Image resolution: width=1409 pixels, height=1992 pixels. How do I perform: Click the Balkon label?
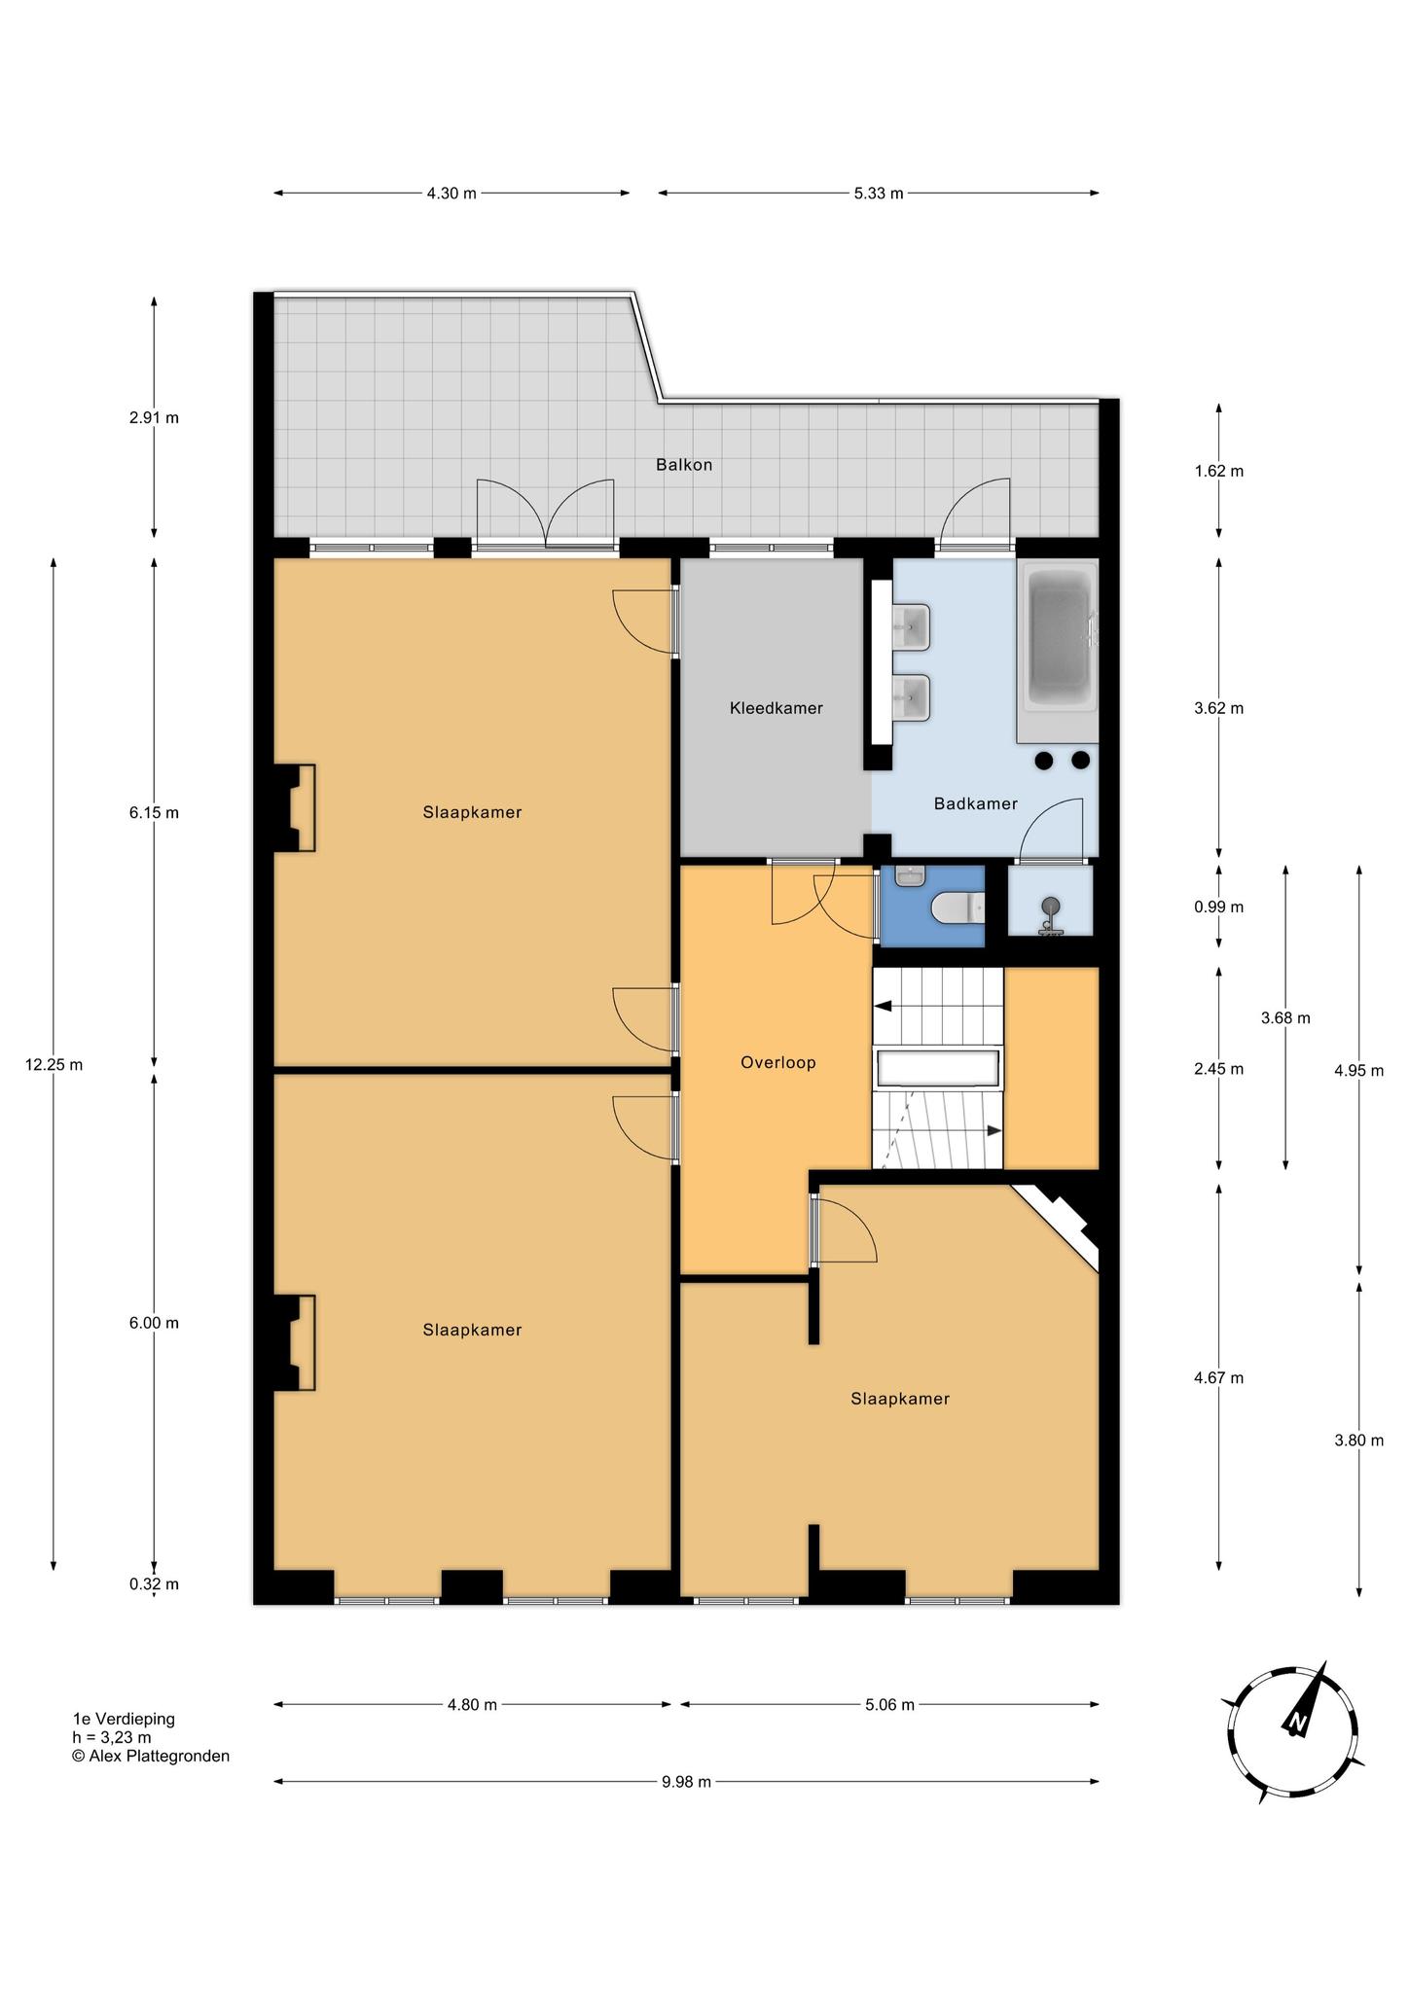tap(684, 465)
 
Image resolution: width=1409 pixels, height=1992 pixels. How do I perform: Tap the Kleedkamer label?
tap(777, 708)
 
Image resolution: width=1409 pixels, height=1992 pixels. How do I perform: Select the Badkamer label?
tap(976, 803)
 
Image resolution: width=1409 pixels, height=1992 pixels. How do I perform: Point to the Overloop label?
tap(778, 1063)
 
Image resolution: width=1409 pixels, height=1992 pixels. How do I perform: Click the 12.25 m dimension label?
tap(54, 1065)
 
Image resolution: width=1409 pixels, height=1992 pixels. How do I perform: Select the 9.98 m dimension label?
tap(686, 1782)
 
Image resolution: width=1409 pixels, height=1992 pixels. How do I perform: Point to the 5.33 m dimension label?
tap(879, 193)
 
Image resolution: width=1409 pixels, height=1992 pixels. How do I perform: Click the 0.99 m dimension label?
tap(1219, 907)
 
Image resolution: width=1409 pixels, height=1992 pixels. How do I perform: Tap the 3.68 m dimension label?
tap(1285, 1018)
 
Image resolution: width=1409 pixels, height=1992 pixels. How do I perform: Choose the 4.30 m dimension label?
tap(452, 193)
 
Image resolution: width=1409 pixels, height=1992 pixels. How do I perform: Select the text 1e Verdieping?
tap(124, 1719)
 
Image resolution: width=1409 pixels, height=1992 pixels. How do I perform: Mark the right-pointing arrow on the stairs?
tap(994, 1130)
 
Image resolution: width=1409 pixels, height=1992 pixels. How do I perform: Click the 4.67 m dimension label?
tap(1219, 1378)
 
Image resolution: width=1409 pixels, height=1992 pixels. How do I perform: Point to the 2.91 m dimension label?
tap(154, 418)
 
